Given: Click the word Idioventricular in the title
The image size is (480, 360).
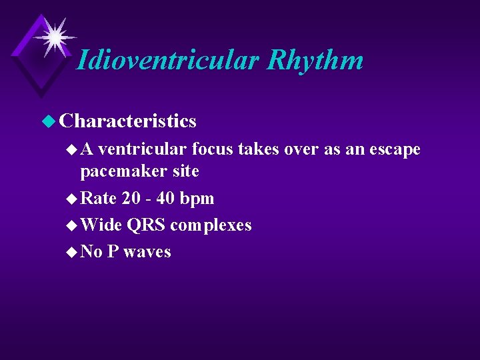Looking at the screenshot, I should point(167,60).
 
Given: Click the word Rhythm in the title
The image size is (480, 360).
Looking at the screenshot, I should point(315,60).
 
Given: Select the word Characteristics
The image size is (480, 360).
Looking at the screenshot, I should point(127,121).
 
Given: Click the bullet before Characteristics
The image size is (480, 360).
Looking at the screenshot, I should point(51,121).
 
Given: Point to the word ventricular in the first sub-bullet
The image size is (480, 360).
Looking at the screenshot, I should point(146,149).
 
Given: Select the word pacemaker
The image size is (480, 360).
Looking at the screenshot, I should point(123,171).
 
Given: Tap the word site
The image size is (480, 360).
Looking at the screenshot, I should point(185,171).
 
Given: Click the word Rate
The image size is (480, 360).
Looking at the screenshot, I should point(99,198).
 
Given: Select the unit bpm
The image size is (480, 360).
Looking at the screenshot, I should point(198,198).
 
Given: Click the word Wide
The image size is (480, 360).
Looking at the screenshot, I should point(101,225).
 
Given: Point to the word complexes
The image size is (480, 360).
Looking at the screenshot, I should point(211,225).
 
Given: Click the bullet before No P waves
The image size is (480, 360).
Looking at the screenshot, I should point(72,252).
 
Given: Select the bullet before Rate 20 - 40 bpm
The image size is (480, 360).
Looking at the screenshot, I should point(72,199).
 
